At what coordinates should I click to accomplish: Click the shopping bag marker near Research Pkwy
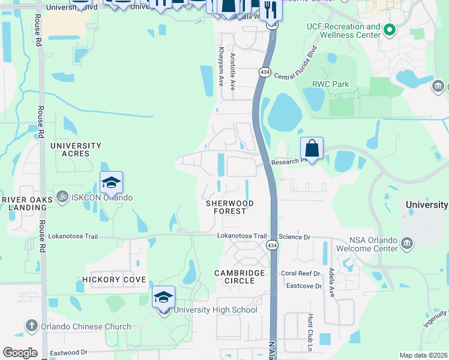(x=312, y=148)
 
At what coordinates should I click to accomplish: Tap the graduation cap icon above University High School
(x=163, y=297)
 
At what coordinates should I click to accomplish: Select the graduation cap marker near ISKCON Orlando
(x=112, y=182)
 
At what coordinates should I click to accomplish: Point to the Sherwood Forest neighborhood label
(x=226, y=208)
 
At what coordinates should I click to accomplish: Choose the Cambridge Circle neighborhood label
(x=240, y=277)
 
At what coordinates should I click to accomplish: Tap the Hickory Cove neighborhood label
(x=114, y=280)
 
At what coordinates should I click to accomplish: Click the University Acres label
(x=76, y=149)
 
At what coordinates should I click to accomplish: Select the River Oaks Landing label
(x=24, y=203)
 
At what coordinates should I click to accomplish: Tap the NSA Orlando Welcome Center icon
(x=407, y=243)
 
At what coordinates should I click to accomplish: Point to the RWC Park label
(x=330, y=84)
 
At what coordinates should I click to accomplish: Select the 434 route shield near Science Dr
(x=273, y=246)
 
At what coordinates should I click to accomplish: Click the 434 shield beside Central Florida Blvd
(x=265, y=72)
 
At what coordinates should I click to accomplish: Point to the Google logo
(x=20, y=353)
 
